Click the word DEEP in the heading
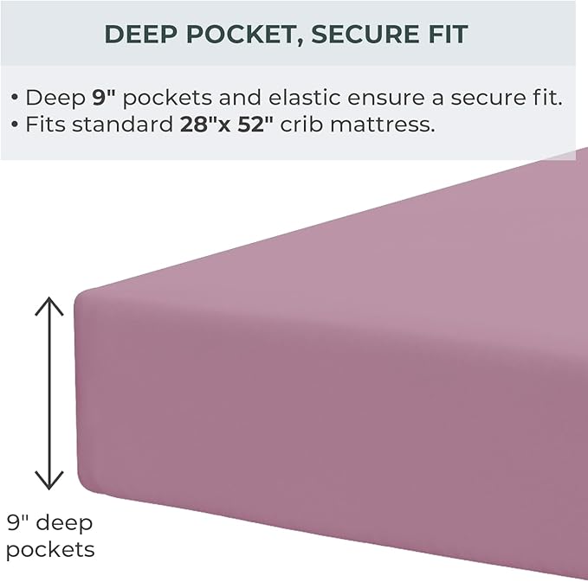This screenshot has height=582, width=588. (139, 35)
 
